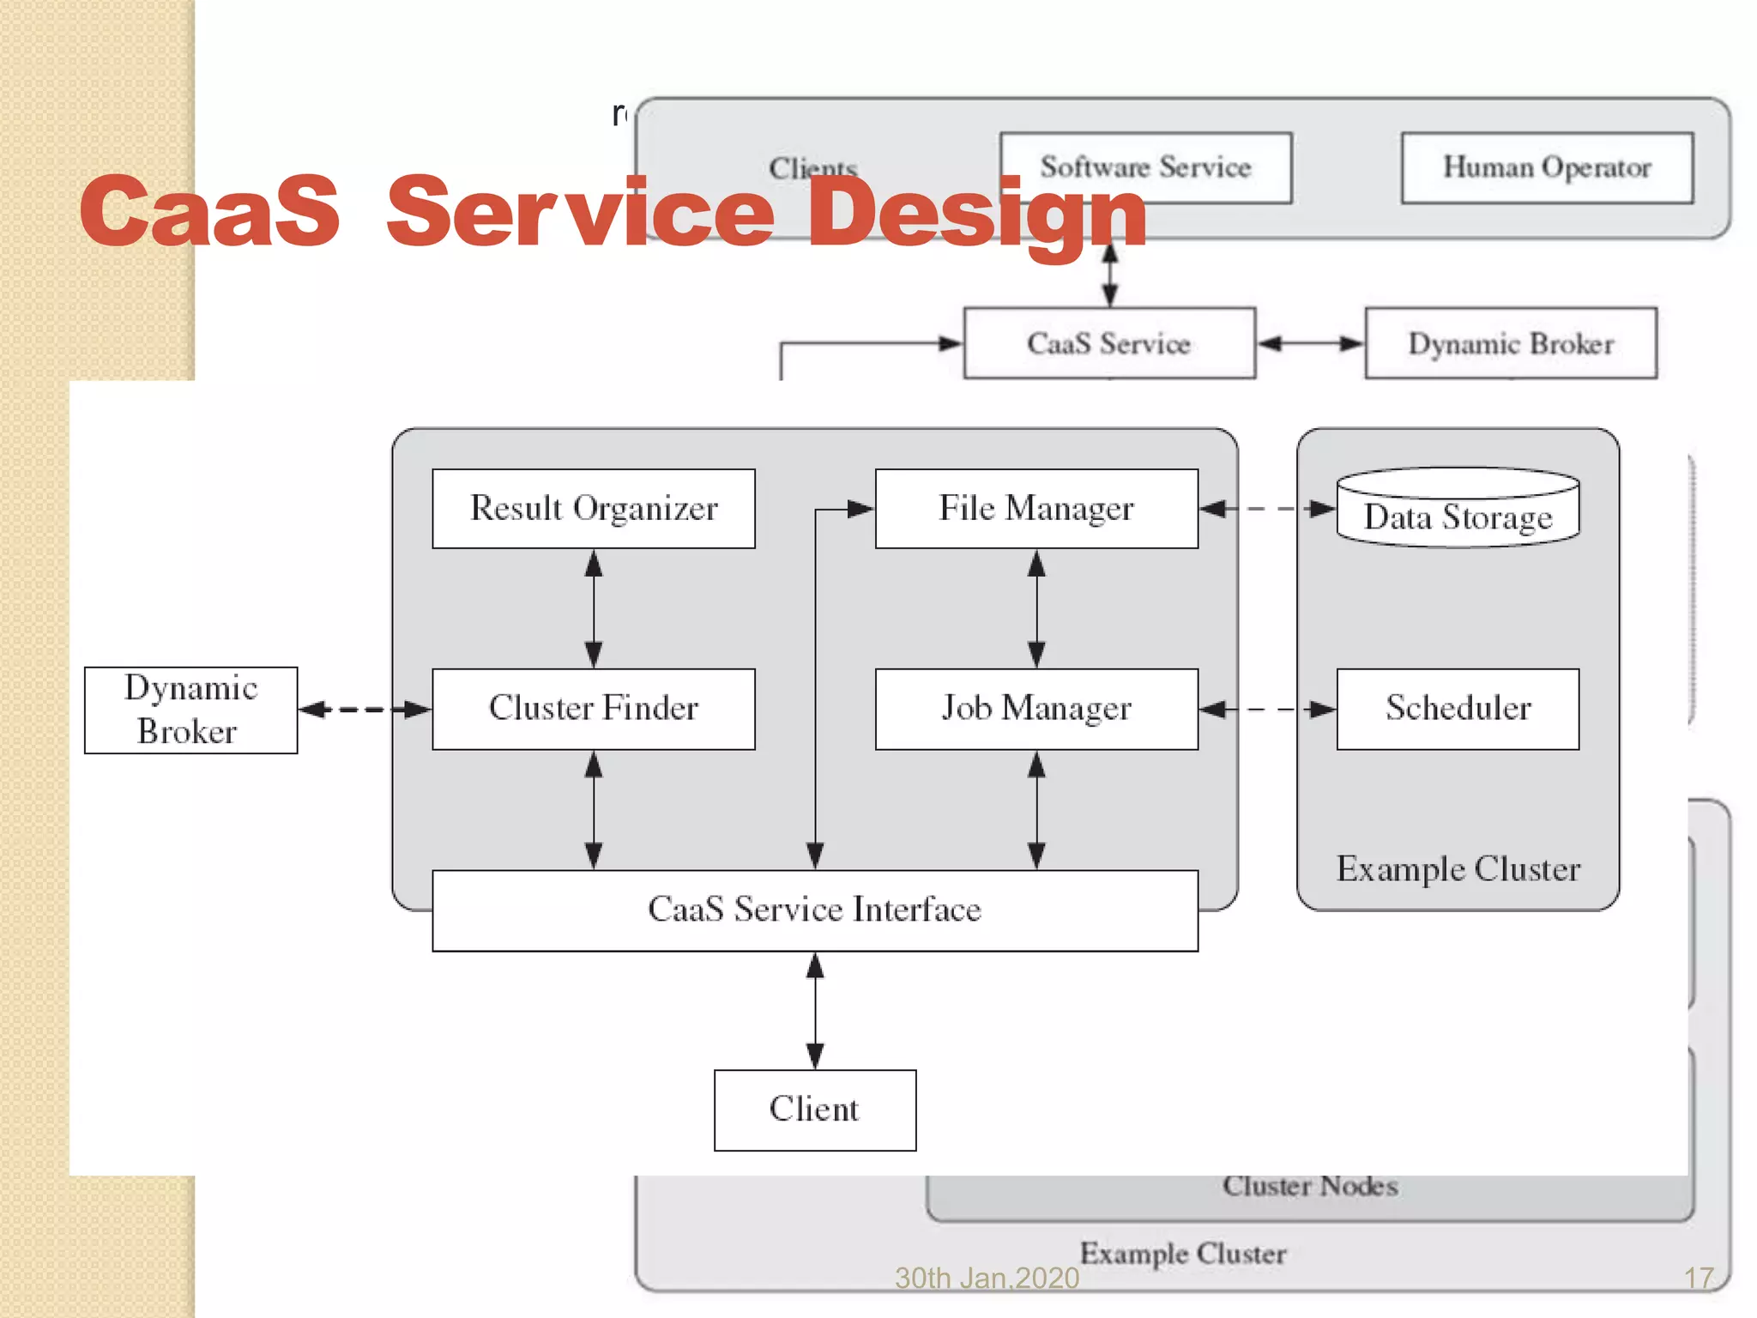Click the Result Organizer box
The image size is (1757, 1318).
coord(594,509)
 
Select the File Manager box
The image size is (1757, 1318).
coord(1036,509)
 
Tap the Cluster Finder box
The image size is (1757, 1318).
coord(594,709)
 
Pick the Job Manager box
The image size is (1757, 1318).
coord(1036,709)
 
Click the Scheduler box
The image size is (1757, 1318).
coord(1458,709)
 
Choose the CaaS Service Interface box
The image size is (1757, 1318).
coord(815,910)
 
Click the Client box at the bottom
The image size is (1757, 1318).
coord(815,1109)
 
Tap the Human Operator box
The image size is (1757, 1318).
coord(1547,167)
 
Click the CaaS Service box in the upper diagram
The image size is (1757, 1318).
coord(1109,343)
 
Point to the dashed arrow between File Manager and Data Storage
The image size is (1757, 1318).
coord(1267,509)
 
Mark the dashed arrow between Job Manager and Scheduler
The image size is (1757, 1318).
coord(1267,710)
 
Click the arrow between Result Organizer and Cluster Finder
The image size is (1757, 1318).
coord(594,608)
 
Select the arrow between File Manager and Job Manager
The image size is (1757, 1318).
coord(1036,608)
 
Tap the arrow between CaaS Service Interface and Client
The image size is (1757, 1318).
coord(815,1011)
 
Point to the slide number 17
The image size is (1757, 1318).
coord(1699,1279)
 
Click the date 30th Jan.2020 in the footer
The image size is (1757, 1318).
coord(987,1279)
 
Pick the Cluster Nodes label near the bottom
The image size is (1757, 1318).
coord(1310,1186)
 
